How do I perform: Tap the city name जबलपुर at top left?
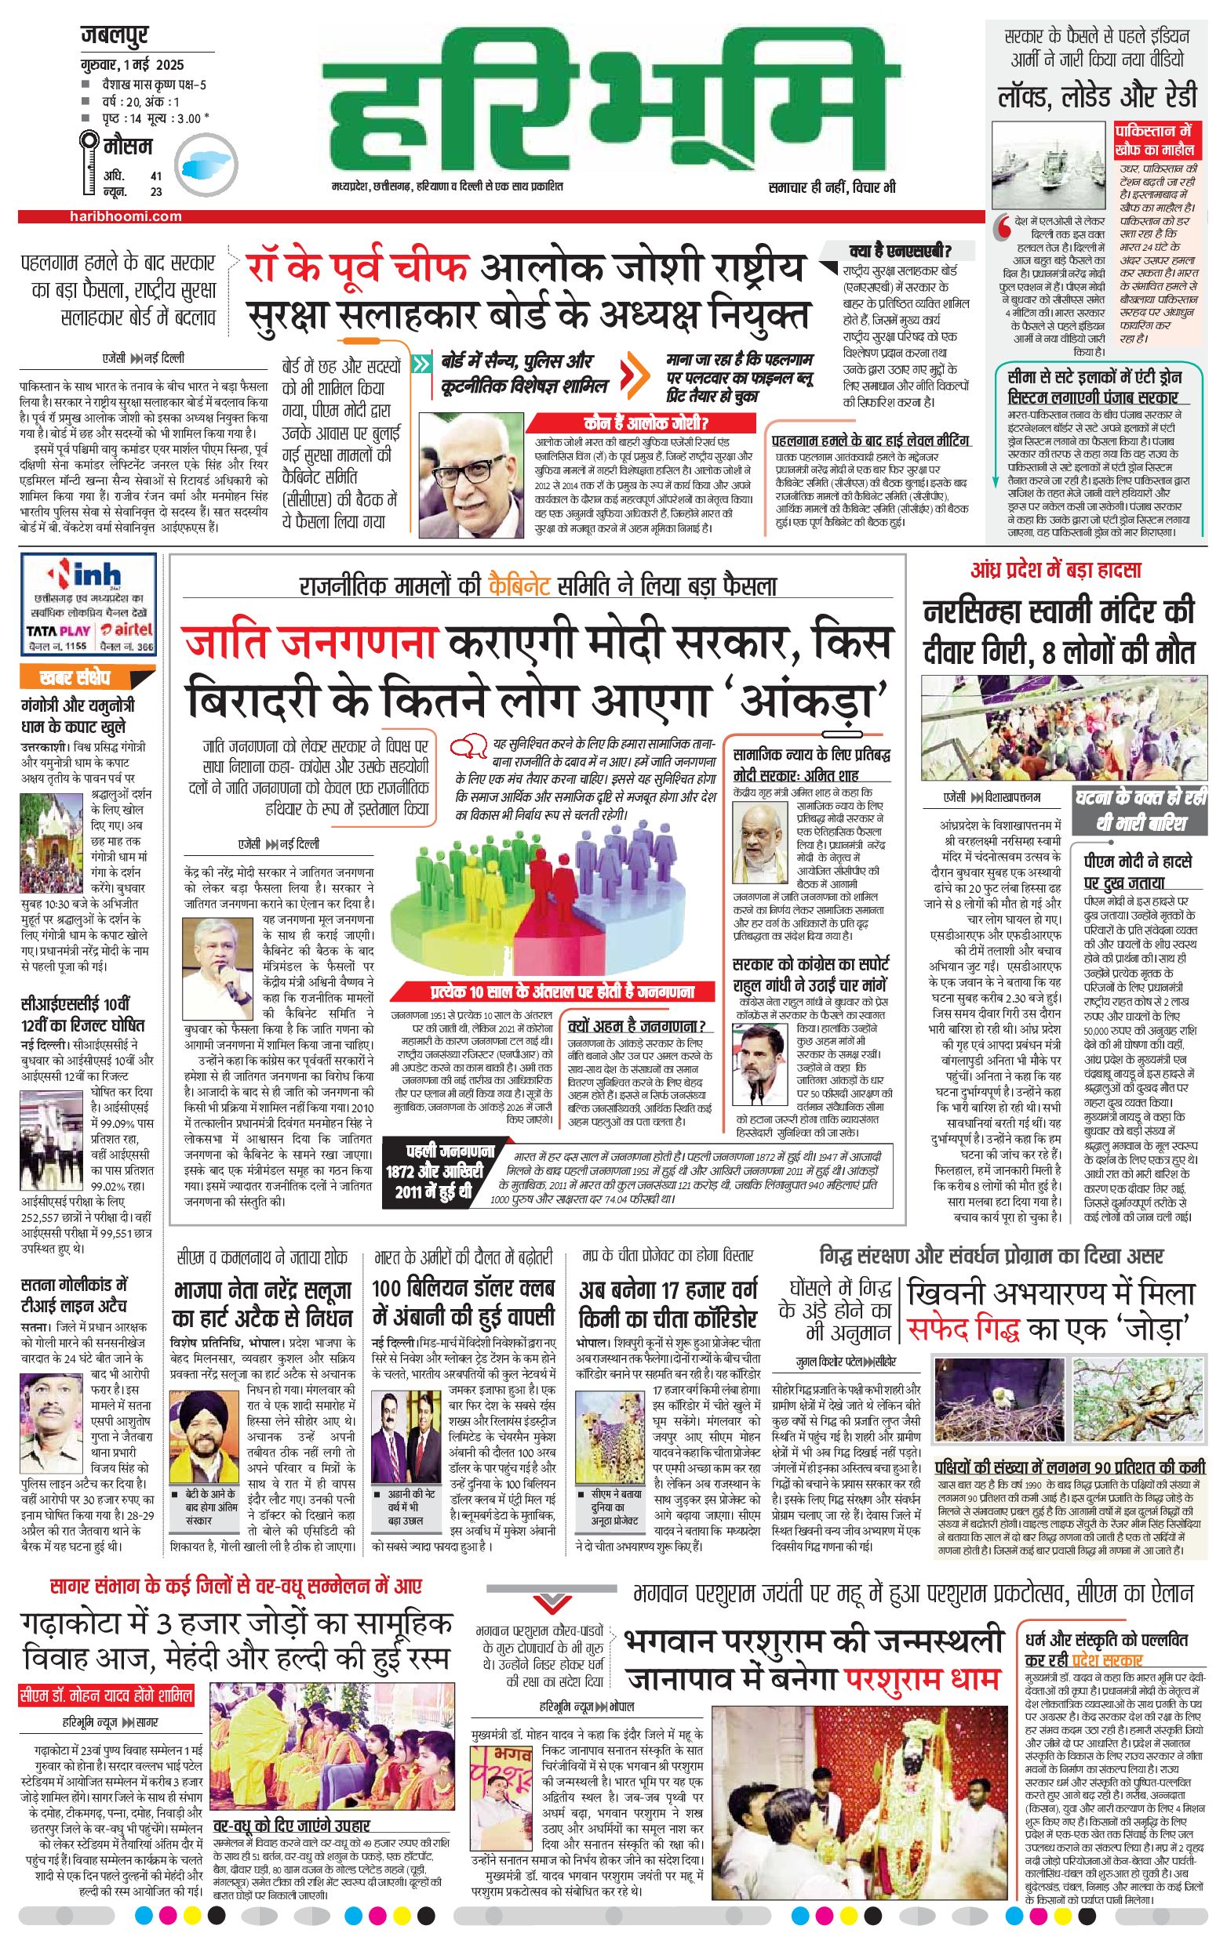[115, 36]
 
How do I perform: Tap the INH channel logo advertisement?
[89, 605]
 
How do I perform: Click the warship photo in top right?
[1047, 166]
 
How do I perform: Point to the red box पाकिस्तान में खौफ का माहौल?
[1147, 139]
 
